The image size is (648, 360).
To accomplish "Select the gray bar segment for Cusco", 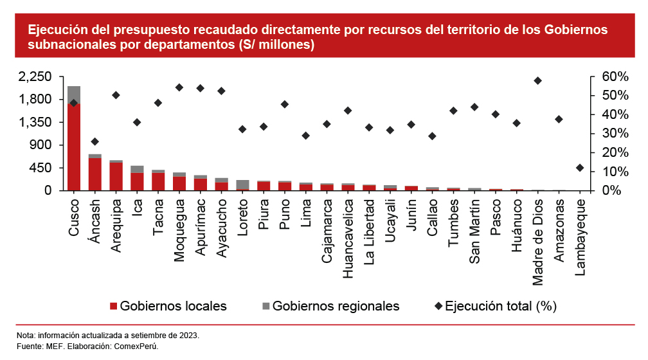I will click(74, 94).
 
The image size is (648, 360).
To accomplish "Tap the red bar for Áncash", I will click(95, 174).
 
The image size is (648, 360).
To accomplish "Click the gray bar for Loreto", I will click(242, 184).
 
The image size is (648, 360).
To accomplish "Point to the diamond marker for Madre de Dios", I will click(537, 80).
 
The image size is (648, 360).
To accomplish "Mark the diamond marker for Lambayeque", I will click(580, 168).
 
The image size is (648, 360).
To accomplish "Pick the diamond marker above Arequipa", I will click(116, 95).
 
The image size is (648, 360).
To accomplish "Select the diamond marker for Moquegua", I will click(179, 87).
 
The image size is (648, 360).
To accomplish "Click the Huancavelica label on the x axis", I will click(348, 238).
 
